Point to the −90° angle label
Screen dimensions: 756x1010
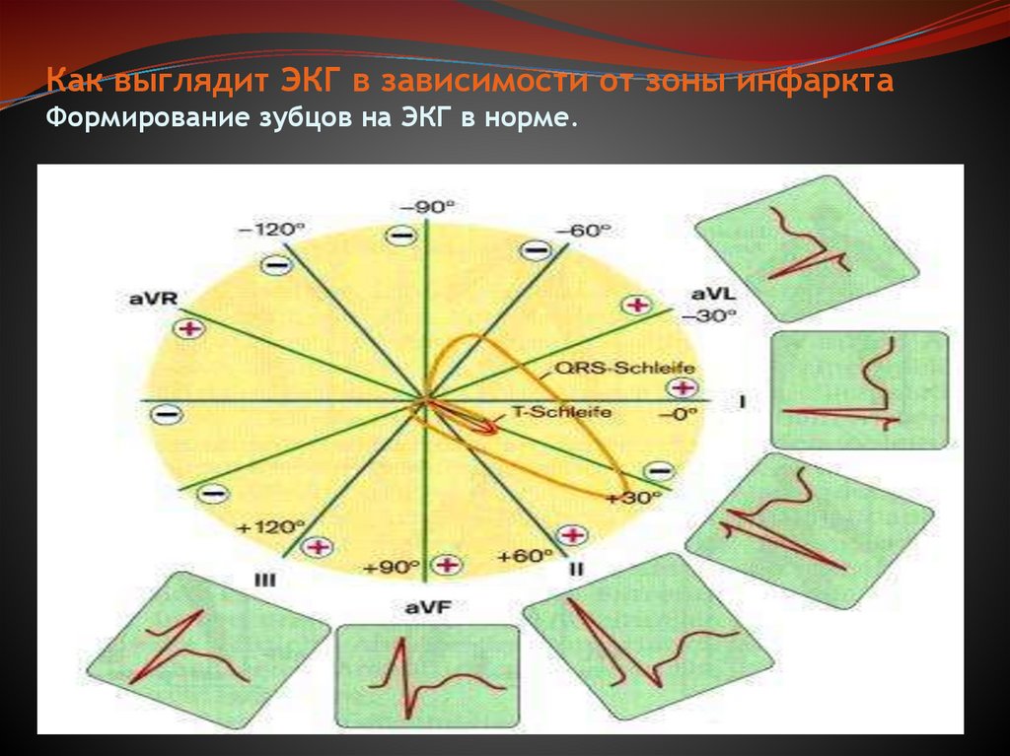click(x=428, y=206)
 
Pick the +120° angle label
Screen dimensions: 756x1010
click(x=259, y=527)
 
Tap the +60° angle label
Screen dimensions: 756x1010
click(x=525, y=556)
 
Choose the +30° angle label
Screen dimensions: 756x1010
click(x=633, y=498)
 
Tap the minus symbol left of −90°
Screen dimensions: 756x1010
click(x=398, y=236)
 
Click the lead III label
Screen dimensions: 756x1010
click(x=264, y=581)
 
